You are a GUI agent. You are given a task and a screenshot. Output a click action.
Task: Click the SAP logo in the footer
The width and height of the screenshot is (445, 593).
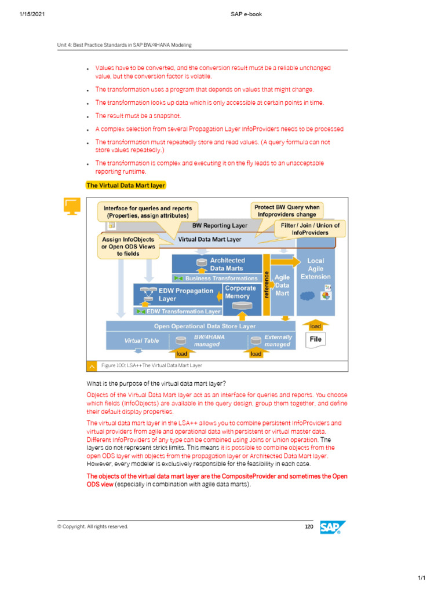[333, 528]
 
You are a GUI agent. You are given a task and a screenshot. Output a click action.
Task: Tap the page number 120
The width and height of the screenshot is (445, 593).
[309, 526]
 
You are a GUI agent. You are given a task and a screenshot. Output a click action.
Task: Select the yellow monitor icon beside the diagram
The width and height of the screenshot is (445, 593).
[71, 206]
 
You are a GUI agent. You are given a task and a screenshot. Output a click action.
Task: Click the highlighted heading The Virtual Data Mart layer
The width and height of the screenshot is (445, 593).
[126, 185]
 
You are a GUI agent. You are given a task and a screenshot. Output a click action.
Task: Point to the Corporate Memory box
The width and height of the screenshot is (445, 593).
[240, 292]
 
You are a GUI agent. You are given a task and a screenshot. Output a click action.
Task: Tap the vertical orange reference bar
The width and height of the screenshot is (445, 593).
[267, 285]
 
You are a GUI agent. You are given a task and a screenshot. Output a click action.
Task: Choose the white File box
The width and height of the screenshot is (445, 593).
[316, 339]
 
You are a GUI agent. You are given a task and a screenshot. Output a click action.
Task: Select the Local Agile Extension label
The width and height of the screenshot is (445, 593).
[316, 269]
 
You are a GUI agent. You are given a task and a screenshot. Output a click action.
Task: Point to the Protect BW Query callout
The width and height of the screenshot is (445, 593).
[286, 210]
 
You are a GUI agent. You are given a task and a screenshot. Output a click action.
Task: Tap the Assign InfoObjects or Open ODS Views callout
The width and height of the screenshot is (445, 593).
[128, 246]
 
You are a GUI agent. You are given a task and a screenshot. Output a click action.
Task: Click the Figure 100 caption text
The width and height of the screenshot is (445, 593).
[152, 365]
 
